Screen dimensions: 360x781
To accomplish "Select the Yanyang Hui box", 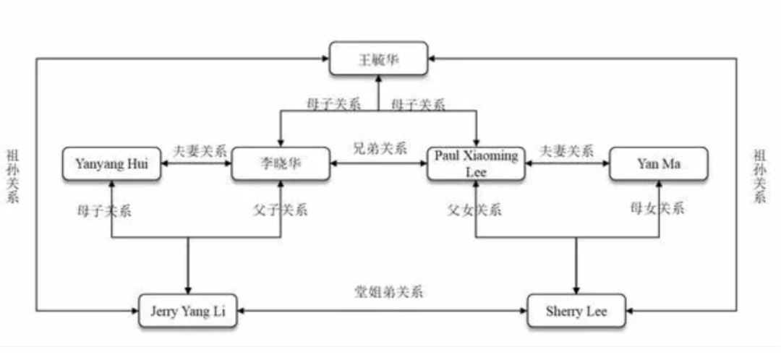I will (111, 164).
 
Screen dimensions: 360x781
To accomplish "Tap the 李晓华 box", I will (281, 164).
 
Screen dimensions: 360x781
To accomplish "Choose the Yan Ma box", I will (659, 164).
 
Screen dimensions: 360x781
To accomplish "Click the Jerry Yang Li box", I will (187, 311).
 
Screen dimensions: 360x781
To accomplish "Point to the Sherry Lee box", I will (576, 311).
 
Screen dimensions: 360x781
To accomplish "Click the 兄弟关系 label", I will (379, 149).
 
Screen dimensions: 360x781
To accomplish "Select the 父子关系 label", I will (281, 210).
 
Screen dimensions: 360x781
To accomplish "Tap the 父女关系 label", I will (474, 210).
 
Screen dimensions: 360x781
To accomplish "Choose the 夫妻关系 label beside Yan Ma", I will (567, 151).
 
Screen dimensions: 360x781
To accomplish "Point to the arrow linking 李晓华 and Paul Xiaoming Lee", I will (379, 164).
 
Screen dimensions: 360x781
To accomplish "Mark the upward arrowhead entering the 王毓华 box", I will (378, 80).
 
